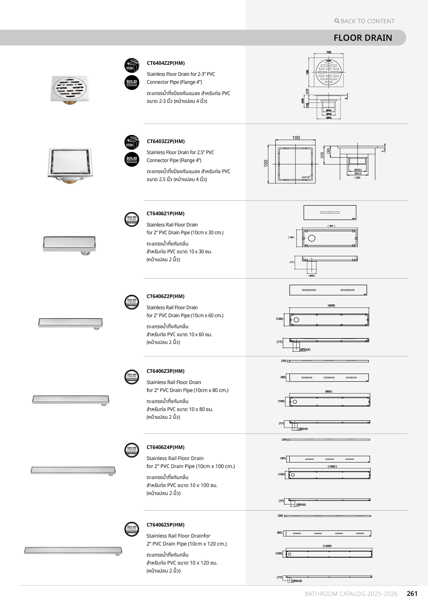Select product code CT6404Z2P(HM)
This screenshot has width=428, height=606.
click(166, 63)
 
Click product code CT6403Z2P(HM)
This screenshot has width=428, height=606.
click(166, 141)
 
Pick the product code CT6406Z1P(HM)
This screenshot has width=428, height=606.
click(165, 214)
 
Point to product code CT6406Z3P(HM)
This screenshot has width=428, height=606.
click(165, 371)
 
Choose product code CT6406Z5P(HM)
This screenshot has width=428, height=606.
click(165, 525)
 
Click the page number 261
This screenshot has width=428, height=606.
click(412, 594)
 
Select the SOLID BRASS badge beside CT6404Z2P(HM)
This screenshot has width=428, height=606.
click(132, 83)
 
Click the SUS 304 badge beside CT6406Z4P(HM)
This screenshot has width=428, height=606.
click(132, 450)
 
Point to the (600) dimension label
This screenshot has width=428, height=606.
click(331, 305)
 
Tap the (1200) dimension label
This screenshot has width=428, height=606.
click(327, 546)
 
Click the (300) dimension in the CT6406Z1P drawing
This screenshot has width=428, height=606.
click(331, 226)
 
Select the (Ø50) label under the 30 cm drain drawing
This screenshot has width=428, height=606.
click(312, 276)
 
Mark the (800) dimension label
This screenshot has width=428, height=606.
click(329, 391)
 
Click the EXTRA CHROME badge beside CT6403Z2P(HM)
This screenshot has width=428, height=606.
click(132, 142)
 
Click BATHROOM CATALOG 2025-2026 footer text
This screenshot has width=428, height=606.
click(351, 594)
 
